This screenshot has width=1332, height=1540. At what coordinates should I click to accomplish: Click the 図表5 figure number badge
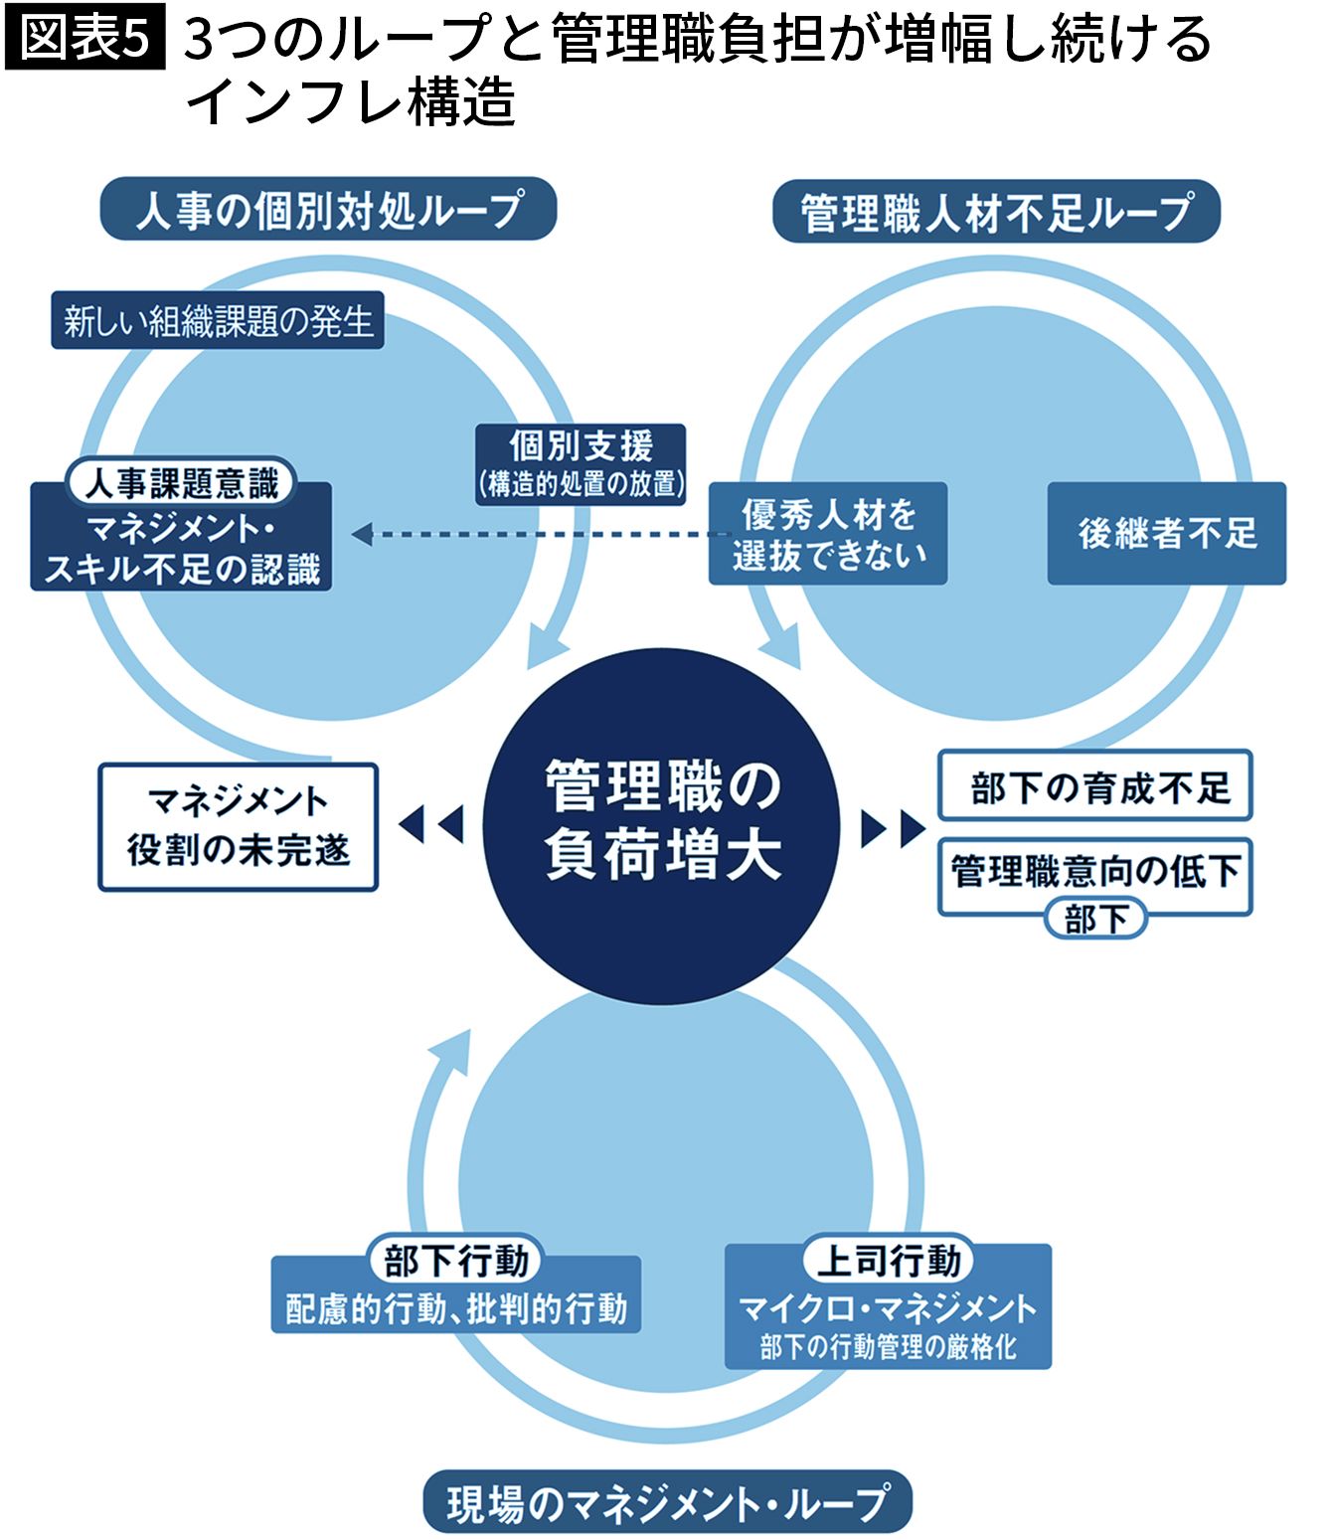(x=84, y=39)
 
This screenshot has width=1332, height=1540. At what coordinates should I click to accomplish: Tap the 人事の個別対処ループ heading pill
(x=328, y=210)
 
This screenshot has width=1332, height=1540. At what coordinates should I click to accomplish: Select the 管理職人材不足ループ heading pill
(x=996, y=212)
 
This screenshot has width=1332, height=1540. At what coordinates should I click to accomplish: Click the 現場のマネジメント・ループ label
(x=667, y=1502)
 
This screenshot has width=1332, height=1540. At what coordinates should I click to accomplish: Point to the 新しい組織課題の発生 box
(x=218, y=321)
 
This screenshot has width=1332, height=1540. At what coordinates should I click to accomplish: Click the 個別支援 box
(x=582, y=462)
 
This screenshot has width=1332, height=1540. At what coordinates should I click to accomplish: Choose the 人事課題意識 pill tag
(x=181, y=483)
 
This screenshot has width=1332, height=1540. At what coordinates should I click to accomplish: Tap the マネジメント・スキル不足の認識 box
(x=181, y=550)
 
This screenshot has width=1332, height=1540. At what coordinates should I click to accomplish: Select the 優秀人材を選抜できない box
(x=828, y=534)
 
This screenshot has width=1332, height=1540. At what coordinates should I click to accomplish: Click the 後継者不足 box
(x=1167, y=534)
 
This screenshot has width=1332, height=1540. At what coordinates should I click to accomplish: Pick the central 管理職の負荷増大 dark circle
(x=663, y=822)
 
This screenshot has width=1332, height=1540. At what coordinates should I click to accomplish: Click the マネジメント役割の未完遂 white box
(x=239, y=826)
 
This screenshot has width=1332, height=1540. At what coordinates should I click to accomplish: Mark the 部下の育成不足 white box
(x=1094, y=786)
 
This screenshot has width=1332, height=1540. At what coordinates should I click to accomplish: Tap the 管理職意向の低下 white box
(x=1094, y=872)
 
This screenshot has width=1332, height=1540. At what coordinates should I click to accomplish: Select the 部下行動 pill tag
(x=456, y=1261)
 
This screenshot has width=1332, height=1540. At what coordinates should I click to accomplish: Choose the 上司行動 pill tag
(x=888, y=1261)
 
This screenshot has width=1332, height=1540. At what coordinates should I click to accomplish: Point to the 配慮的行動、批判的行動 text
(x=456, y=1308)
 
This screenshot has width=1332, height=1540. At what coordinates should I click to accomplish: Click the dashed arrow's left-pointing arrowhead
(x=362, y=535)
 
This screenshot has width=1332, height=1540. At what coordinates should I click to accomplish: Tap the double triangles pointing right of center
(x=892, y=828)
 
